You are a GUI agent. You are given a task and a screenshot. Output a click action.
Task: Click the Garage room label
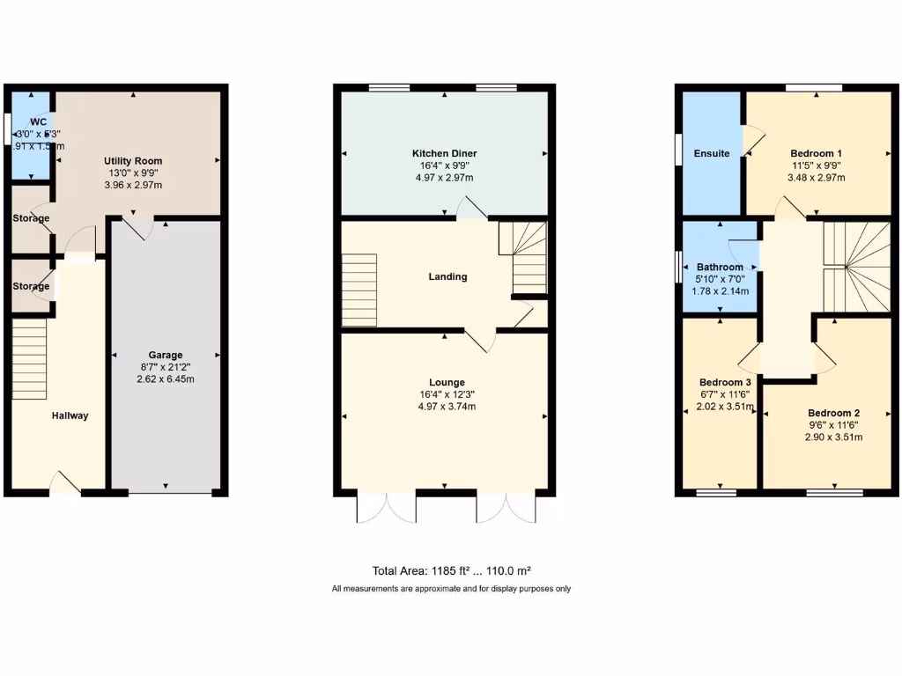click(x=165, y=356)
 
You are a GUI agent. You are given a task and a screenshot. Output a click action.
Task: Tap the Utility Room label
click(x=133, y=161)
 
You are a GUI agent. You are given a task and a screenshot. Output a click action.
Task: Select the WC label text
click(x=38, y=121)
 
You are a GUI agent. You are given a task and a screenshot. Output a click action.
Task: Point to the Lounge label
click(x=447, y=382)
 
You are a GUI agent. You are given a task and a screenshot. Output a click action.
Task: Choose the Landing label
click(x=447, y=276)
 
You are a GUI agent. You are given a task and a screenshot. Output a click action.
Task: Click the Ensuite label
click(x=711, y=153)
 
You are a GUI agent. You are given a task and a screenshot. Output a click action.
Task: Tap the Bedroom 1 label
click(x=817, y=153)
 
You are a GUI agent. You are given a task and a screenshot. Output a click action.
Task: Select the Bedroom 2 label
click(x=833, y=413)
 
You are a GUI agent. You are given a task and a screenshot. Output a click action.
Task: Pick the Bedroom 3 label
click(x=725, y=382)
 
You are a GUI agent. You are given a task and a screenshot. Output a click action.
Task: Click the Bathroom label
click(x=720, y=267)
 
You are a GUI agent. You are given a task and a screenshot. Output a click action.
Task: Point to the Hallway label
click(x=70, y=415)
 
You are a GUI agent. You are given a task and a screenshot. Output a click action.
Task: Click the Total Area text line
click(x=451, y=570)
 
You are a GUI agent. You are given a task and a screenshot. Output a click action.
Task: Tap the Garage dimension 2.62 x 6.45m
click(x=165, y=379)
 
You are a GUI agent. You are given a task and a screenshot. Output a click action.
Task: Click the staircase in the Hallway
click(x=29, y=358)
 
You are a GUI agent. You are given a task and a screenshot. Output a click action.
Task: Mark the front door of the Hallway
click(x=66, y=484)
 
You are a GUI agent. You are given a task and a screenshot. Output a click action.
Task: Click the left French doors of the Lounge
click(x=386, y=507)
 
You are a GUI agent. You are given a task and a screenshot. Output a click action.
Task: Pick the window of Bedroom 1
click(x=813, y=86)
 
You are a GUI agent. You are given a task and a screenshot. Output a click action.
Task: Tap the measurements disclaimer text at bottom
click(x=451, y=588)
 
